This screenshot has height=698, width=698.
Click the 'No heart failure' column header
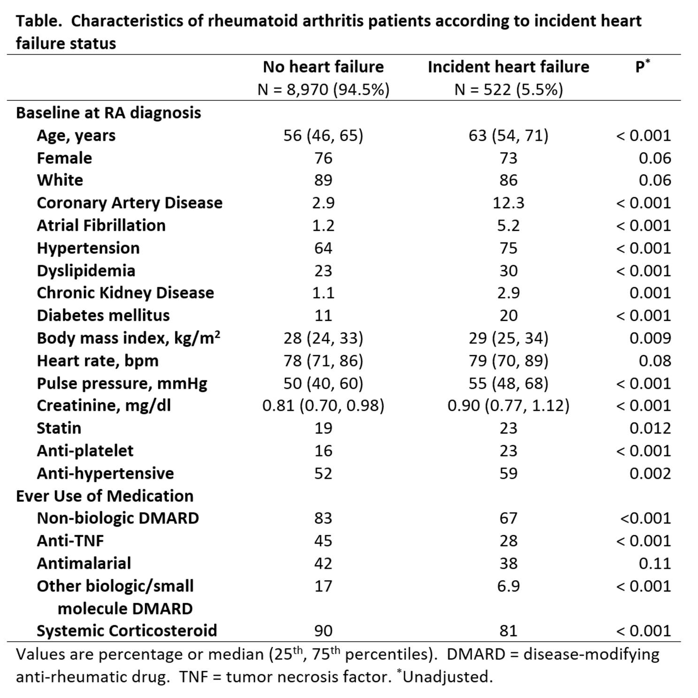click(323, 67)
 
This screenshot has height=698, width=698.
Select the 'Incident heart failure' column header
click(508, 67)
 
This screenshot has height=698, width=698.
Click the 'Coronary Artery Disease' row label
click(130, 203)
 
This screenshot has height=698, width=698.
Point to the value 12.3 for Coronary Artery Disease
click(508, 203)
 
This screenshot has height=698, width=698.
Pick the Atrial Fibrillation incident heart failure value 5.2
click(508, 225)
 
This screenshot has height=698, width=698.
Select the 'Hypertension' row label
click(88, 248)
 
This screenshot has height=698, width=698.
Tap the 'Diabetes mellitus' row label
click(103, 315)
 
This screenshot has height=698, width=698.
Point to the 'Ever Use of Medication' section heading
click(105, 496)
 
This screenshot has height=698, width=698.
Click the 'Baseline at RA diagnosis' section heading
click(108, 113)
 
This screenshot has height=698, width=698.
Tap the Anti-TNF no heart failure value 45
click(323, 540)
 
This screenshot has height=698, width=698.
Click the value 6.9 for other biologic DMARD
click(508, 586)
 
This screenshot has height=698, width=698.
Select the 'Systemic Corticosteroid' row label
click(127, 630)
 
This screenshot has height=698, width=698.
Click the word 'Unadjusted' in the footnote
click(446, 676)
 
